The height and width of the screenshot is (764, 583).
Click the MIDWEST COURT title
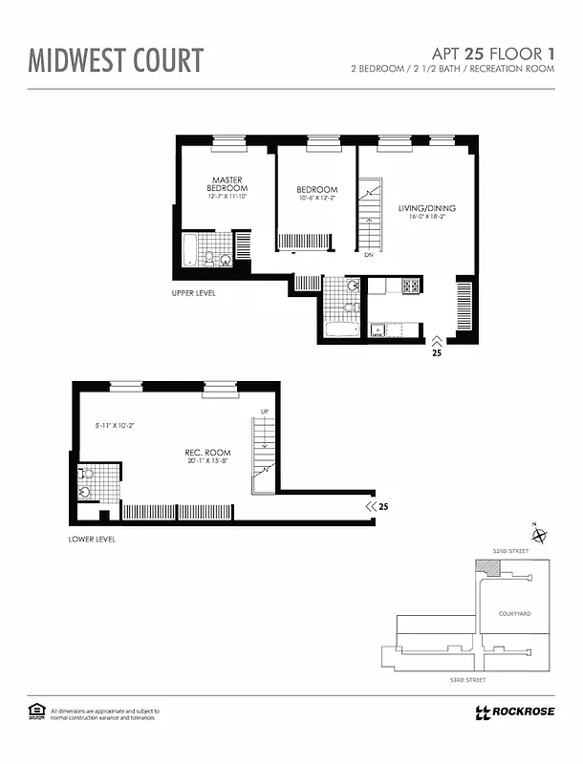pos(116,60)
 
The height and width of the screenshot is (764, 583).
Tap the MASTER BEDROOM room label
pos(227,184)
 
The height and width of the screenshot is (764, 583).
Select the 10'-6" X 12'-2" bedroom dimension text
pos(316,200)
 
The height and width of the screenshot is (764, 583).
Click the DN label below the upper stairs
pos(369,255)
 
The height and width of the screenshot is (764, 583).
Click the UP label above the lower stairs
pos(265,411)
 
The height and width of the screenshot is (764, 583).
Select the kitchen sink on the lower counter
pos(378,330)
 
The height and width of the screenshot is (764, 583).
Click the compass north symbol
pos(540,536)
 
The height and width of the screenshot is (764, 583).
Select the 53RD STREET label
pos(467,679)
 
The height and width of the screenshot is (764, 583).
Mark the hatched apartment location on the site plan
pos(488,568)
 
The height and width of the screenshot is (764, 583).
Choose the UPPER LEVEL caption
pos(193,293)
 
